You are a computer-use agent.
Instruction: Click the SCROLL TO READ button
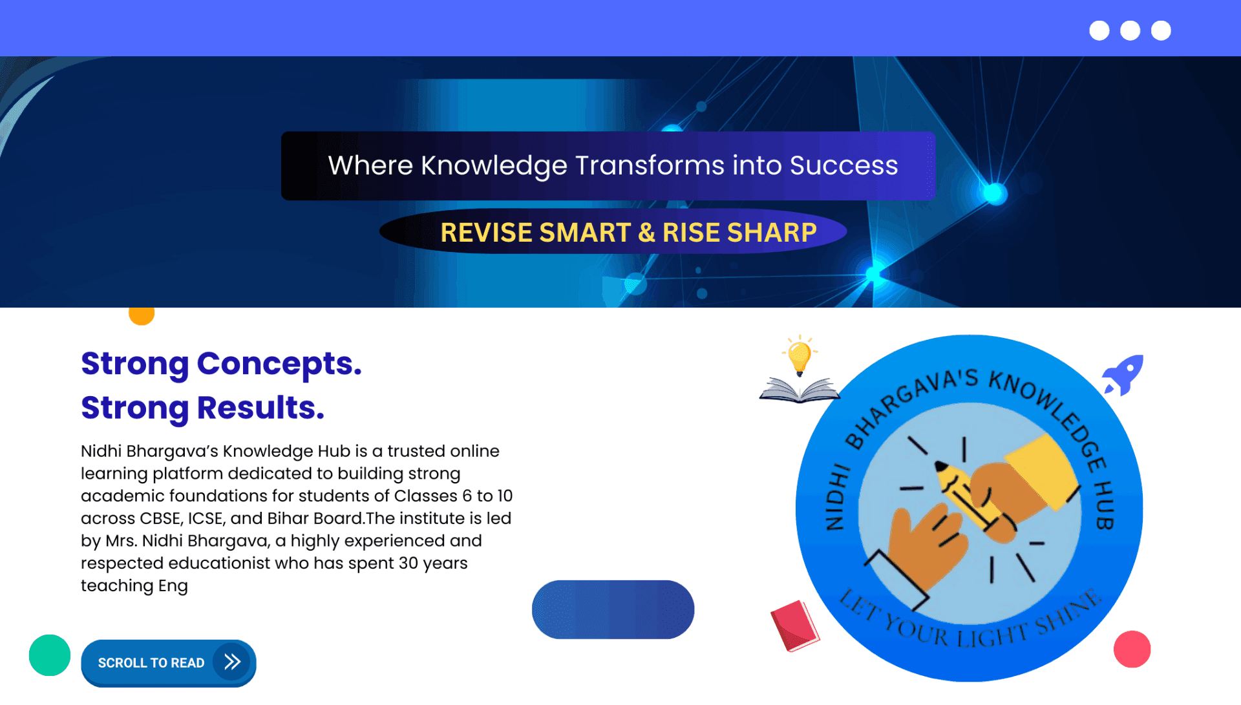tap(168, 663)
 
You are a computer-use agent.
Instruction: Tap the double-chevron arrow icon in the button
tap(232, 662)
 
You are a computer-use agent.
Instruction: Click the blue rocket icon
tap(1123, 375)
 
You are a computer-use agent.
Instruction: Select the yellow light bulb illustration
tap(800, 355)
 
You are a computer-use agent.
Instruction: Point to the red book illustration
tap(794, 626)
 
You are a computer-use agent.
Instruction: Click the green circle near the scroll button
tap(50, 655)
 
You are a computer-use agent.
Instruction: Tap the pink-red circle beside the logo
tap(1132, 649)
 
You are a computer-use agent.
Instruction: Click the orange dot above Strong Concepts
tap(142, 315)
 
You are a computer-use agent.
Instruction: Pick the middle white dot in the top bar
tap(1130, 30)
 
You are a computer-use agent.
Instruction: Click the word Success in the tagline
tap(843, 165)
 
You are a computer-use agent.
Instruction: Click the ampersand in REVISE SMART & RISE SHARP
tap(646, 233)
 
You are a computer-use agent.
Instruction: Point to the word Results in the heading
tap(260, 408)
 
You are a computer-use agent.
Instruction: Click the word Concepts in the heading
tap(279, 364)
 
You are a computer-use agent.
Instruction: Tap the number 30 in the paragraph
tap(408, 563)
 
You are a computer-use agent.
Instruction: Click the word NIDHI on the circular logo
tap(836, 496)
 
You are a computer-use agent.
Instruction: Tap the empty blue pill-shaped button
tap(613, 609)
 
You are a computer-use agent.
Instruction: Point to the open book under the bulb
tap(800, 390)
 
